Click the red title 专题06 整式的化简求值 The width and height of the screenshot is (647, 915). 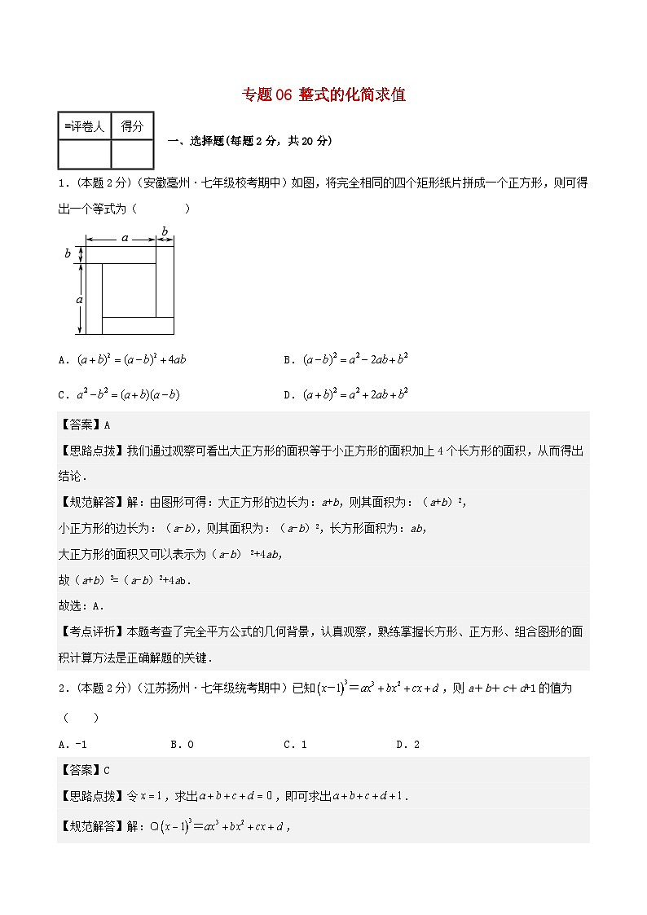[x=323, y=95]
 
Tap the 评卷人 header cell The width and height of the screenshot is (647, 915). [x=84, y=126]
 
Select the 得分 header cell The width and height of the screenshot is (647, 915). [x=132, y=126]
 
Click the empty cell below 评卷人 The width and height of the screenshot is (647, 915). [x=84, y=153]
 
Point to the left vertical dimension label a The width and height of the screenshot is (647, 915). [x=78, y=299]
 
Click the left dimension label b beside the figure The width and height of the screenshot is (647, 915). [x=68, y=253]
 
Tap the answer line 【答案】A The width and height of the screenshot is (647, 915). [x=84, y=425]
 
